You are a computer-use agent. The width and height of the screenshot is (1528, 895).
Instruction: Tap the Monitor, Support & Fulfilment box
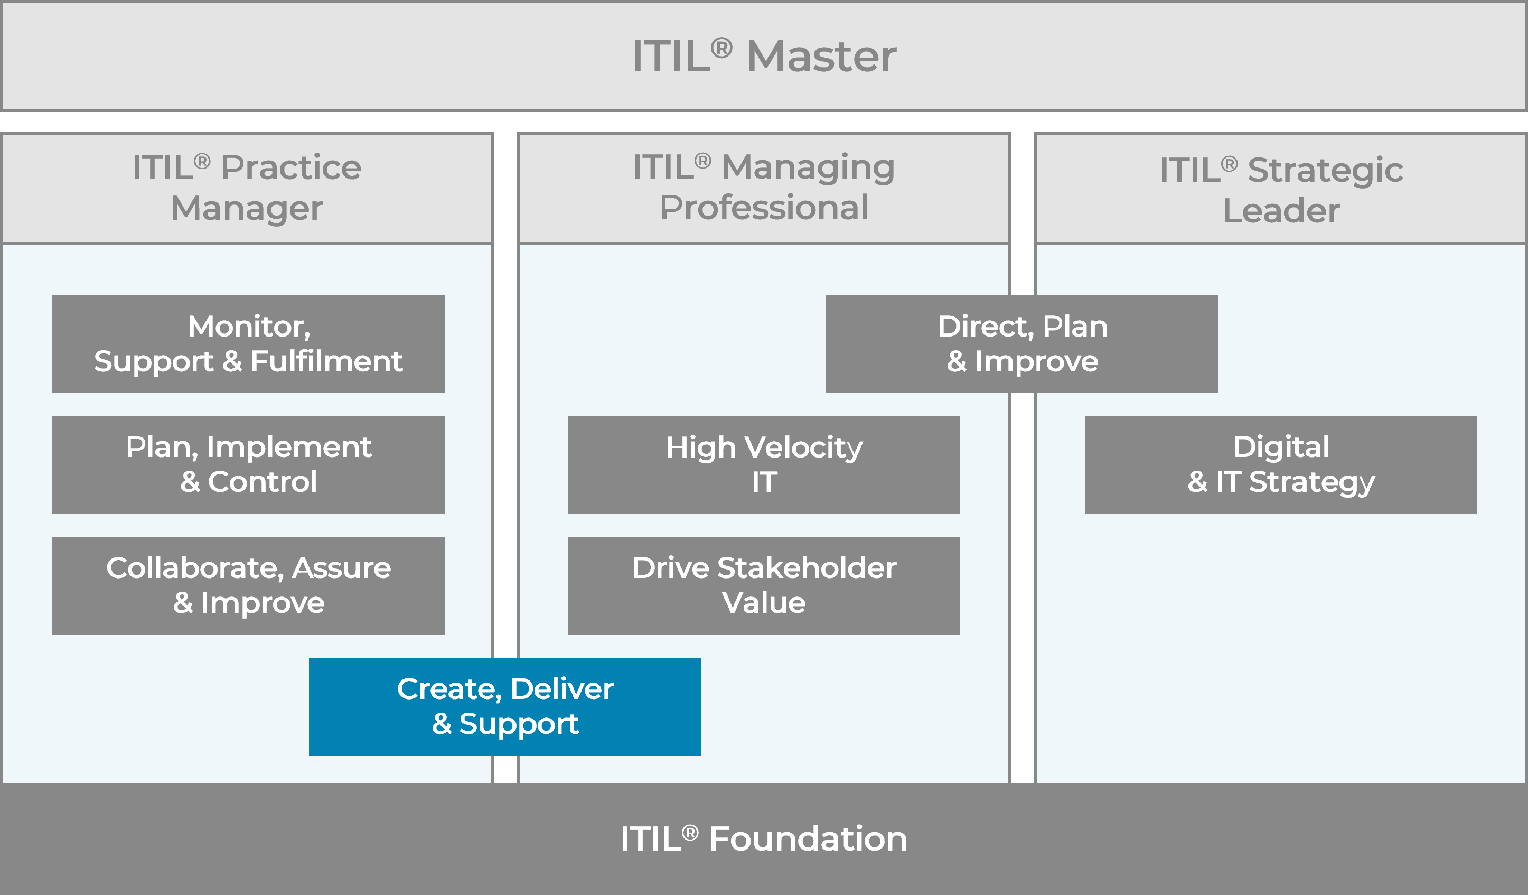248,344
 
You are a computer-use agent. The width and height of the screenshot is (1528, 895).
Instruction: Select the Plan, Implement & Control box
248,464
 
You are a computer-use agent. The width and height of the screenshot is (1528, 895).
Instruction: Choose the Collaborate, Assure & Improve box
248,585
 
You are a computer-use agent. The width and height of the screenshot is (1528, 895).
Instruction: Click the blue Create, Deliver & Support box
504,706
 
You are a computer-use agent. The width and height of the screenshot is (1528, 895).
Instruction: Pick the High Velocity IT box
763,464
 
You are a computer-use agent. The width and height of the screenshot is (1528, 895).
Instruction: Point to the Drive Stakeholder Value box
763,585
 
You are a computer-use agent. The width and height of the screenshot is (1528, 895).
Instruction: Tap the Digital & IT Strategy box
1281,464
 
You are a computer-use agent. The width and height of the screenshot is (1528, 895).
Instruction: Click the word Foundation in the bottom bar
808,839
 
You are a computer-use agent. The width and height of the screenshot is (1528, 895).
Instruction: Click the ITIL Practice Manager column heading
247,188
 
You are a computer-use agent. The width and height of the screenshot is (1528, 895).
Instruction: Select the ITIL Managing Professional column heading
763,188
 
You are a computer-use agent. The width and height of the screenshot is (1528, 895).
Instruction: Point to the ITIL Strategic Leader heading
1281,189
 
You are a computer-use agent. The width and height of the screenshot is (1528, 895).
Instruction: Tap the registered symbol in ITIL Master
721,48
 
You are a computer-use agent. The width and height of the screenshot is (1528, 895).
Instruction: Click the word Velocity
803,447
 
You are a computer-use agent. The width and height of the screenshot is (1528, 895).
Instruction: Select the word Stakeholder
807,568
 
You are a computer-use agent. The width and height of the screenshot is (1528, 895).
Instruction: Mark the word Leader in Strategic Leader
1281,211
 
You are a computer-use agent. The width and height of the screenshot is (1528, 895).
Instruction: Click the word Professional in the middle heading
763,208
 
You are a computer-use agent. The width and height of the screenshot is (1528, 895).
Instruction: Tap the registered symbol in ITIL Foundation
690,832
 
